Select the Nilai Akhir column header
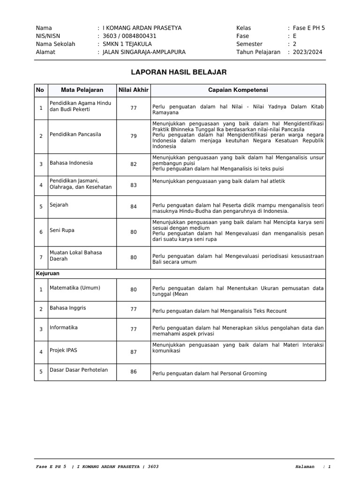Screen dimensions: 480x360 [134, 90]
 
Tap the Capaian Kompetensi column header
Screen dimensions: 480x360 [238, 90]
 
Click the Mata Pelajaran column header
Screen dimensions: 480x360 [82, 90]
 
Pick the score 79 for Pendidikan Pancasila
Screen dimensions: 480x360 [134, 136]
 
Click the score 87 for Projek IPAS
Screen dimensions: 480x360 [134, 352]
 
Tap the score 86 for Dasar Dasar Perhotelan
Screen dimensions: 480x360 [134, 372]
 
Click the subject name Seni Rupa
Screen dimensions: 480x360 [62, 230]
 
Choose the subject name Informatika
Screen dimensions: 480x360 [64, 328]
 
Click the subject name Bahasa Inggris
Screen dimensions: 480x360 [68, 308]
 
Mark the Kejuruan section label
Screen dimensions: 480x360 [48, 273]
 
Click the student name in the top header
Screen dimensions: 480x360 [142, 28]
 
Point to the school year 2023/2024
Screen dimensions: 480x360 [307, 52]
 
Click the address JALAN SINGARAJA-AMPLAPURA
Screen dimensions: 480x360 [144, 52]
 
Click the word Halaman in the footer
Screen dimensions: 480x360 [305, 467]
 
